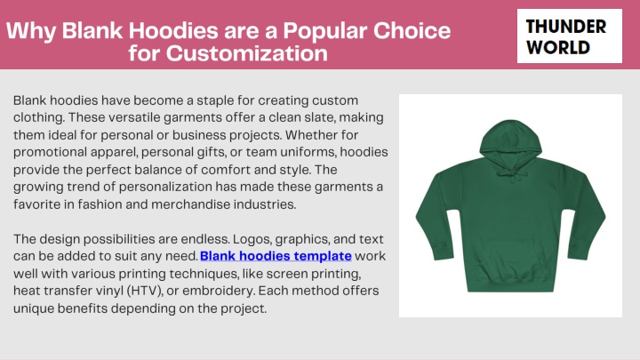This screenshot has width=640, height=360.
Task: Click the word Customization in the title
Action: [247, 53]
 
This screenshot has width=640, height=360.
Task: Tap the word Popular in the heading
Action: [325, 30]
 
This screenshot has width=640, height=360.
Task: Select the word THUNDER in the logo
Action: [565, 27]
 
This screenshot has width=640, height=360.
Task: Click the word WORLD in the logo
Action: [558, 47]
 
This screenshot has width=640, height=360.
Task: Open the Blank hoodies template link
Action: [276, 256]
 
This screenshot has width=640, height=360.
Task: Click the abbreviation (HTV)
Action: [145, 291]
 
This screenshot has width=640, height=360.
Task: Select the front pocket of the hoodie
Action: [510, 260]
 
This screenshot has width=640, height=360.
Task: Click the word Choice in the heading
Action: [412, 30]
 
